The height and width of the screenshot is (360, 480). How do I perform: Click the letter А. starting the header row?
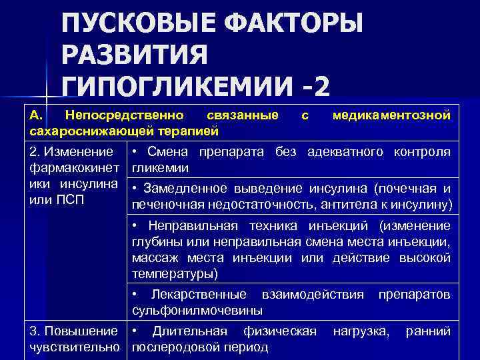pyautogui.click(x=37, y=116)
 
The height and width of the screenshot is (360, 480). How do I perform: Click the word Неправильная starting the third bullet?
pyautogui.click(x=193, y=225)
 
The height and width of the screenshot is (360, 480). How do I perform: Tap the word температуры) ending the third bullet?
pyautogui.click(x=175, y=273)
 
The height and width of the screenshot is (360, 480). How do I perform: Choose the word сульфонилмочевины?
pyautogui.click(x=197, y=310)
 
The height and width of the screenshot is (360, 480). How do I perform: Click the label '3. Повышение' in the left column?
pyautogui.click(x=65, y=331)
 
